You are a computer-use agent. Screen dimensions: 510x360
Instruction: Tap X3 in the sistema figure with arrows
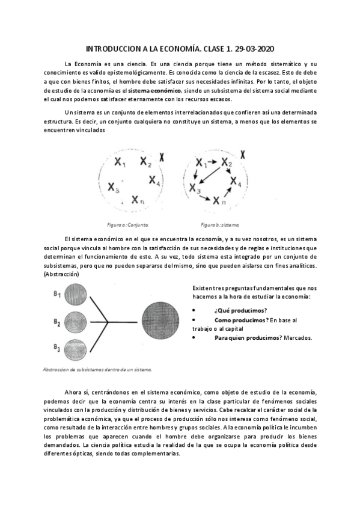194,189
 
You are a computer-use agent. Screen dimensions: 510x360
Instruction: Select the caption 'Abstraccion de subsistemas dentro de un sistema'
97,369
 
